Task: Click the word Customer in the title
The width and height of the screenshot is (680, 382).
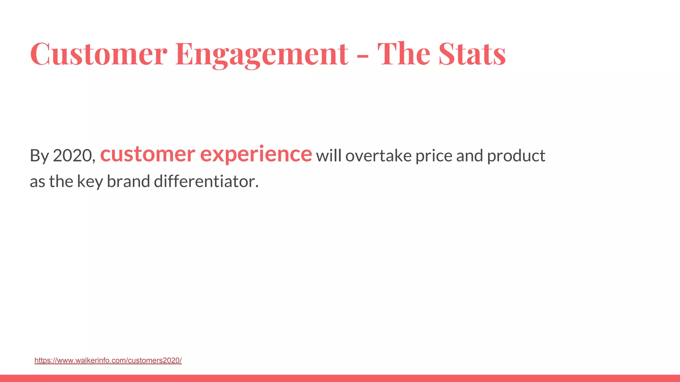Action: tap(99, 54)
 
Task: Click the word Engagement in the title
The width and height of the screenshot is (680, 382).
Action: tap(262, 54)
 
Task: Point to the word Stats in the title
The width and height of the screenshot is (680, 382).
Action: tap(472, 54)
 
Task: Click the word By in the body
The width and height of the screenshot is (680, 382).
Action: tap(39, 156)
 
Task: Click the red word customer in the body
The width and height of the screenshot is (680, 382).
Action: tap(147, 155)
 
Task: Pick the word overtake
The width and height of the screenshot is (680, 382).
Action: tap(378, 156)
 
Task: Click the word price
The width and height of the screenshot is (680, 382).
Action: tap(434, 156)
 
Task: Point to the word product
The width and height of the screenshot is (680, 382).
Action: tap(516, 156)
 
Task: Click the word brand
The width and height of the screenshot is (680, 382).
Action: tap(128, 181)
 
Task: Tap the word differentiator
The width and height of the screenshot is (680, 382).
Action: tap(206, 181)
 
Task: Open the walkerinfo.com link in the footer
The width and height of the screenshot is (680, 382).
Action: tap(108, 360)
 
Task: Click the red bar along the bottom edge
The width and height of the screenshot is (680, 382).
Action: tap(340, 378)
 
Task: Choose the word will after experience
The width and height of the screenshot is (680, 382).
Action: tap(328, 156)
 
